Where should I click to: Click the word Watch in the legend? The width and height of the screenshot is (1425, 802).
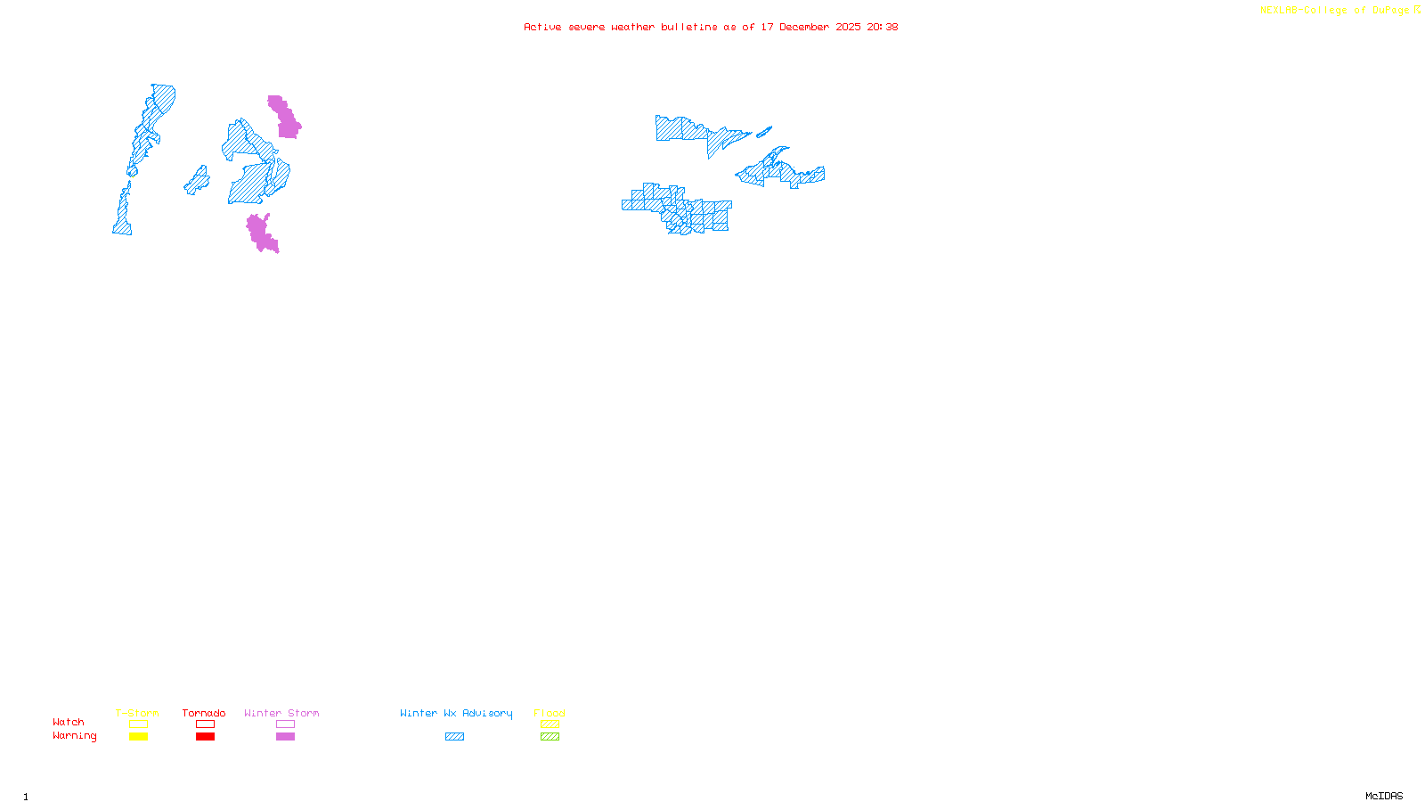point(69,722)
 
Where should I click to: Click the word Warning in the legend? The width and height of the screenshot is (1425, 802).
point(74,736)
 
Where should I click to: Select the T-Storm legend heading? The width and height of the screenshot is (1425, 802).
point(137,713)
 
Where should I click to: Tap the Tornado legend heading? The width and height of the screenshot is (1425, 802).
point(204,713)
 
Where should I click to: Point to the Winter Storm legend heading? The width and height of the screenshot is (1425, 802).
point(281,713)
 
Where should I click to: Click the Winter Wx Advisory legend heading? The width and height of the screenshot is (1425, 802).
point(456,713)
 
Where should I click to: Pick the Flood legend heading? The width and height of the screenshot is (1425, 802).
point(550,713)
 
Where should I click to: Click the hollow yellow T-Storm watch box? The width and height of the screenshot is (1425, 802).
point(138,724)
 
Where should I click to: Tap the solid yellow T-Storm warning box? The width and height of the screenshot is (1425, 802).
point(138,737)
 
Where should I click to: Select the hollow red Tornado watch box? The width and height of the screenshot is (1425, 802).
point(205,724)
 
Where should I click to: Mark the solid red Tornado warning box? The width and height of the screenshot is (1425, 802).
point(205,737)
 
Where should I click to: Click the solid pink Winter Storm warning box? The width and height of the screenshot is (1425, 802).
point(285,737)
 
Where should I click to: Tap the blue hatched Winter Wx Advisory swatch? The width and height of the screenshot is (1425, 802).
point(454,737)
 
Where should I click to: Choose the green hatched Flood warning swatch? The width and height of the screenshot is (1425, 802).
point(550,737)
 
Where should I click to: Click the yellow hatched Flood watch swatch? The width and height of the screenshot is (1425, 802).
point(550,724)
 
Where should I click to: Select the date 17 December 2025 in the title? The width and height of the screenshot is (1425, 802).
point(810,27)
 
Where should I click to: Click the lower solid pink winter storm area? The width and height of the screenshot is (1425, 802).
point(260,233)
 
